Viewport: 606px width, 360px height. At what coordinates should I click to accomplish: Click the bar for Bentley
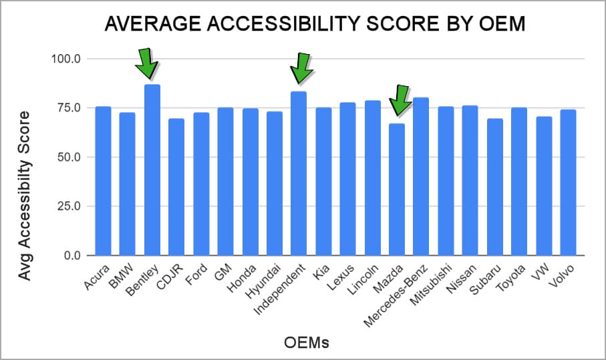click(x=152, y=170)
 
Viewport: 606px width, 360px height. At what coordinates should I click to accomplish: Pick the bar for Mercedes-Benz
click(x=421, y=177)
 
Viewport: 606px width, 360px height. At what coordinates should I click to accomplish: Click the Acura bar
click(x=103, y=181)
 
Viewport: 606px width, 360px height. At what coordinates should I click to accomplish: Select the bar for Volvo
click(x=568, y=182)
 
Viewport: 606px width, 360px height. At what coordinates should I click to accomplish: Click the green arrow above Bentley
click(x=147, y=63)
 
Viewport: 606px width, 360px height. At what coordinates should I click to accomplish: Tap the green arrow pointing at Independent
click(x=301, y=67)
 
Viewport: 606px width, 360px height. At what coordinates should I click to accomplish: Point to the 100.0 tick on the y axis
click(x=66, y=59)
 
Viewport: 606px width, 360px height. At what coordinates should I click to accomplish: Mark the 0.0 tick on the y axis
click(x=71, y=256)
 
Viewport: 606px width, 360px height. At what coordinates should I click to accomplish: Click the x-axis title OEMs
click(x=301, y=343)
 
